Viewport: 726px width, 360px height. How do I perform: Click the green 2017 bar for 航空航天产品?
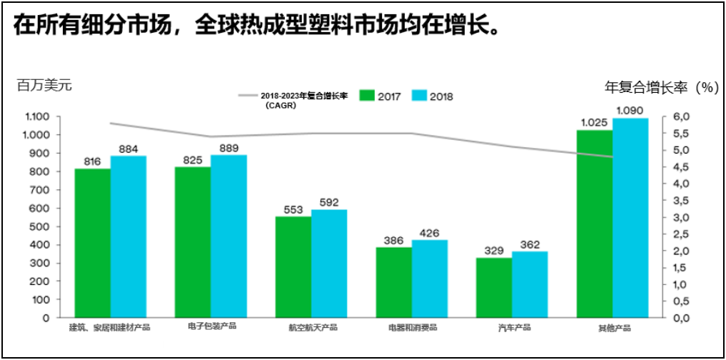click(x=293, y=266)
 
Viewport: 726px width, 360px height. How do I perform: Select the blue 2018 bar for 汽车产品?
click(x=530, y=284)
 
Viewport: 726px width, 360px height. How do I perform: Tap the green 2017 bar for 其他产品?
click(x=595, y=224)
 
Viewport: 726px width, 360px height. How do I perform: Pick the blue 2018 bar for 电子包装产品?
click(x=228, y=236)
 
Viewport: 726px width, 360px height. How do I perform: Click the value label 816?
click(x=92, y=161)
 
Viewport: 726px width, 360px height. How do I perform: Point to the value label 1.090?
click(x=630, y=111)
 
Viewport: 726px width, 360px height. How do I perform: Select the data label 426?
click(x=430, y=233)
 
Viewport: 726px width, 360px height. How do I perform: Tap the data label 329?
click(x=494, y=251)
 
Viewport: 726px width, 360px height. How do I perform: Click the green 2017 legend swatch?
click(x=367, y=96)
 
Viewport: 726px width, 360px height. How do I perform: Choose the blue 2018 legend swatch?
click(x=419, y=96)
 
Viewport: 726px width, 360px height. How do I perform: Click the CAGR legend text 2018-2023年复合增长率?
click(x=303, y=96)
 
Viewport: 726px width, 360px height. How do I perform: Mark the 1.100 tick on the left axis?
click(x=36, y=116)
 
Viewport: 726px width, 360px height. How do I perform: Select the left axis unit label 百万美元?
click(x=44, y=85)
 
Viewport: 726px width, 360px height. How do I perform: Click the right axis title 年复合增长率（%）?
click(x=660, y=88)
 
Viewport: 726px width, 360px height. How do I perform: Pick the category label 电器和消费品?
click(x=412, y=328)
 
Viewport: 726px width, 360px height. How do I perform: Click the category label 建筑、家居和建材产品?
click(x=109, y=328)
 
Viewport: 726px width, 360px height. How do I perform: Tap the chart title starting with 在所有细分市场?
click(x=254, y=26)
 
